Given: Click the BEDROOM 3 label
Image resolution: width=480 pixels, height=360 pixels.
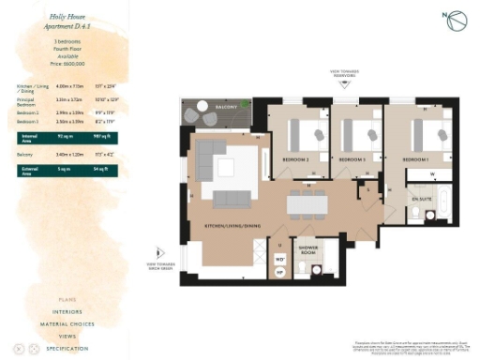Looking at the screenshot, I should [x=352, y=160].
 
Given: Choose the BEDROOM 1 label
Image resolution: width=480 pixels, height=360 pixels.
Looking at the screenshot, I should [x=416, y=160].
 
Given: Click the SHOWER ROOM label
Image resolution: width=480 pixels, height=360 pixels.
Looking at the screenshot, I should [x=308, y=251].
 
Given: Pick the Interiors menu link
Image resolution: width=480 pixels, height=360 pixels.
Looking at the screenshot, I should [x=67, y=310].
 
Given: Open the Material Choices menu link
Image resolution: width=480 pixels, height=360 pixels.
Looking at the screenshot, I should [x=67, y=322].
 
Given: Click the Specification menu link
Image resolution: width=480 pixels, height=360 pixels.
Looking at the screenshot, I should [x=67, y=348].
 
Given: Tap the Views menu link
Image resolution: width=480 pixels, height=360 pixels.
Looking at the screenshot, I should [x=67, y=335].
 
